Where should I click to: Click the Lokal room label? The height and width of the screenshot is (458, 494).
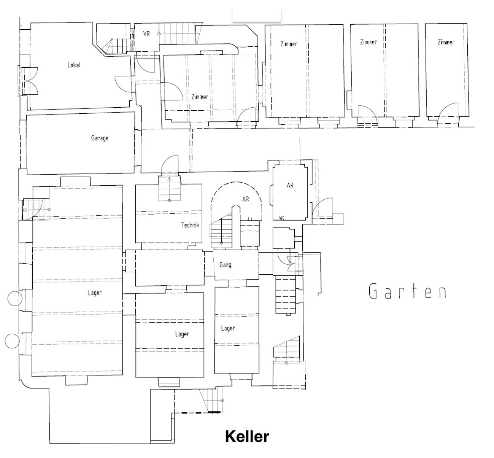point(74,65)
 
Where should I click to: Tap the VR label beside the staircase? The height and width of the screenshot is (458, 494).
point(146,34)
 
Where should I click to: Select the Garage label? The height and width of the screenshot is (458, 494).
point(100,138)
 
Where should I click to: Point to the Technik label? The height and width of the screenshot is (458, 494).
point(190,225)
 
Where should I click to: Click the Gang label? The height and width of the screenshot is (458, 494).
point(225,265)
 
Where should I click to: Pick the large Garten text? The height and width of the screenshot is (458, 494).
point(407,291)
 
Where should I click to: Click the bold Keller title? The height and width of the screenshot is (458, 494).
point(247,436)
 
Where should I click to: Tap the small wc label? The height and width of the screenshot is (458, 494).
point(282,218)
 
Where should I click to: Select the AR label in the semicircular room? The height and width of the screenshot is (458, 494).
point(246,199)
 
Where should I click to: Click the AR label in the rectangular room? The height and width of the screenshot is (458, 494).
point(290,185)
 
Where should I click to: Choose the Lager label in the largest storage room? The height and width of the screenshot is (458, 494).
point(95,293)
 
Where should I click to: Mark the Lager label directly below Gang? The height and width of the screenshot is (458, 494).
point(228,328)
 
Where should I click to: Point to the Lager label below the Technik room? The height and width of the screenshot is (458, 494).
point(182,334)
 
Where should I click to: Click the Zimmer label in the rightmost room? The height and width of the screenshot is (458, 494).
point(446,42)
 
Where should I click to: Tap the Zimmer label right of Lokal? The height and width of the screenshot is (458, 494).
point(200,97)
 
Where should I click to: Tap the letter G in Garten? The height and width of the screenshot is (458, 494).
point(374,291)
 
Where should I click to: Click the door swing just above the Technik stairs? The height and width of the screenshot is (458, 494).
point(170,164)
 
